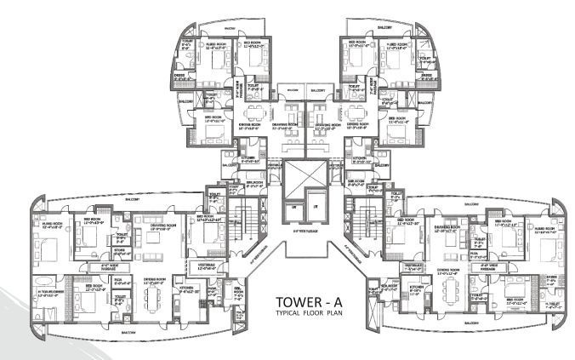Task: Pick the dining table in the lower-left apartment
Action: click(152, 298)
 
